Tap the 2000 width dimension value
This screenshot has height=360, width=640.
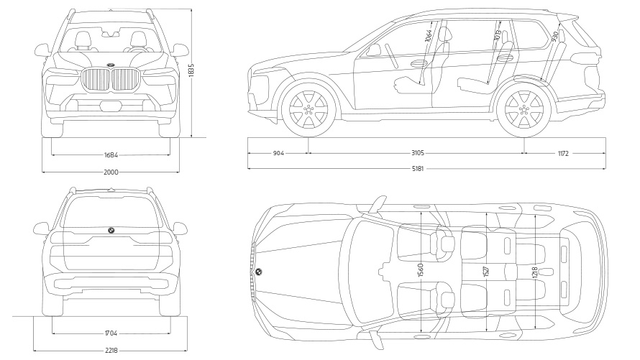click(111, 172)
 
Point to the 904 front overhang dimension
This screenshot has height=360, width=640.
click(278, 153)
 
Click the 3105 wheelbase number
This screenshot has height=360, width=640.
click(416, 153)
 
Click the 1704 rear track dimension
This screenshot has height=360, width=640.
click(111, 333)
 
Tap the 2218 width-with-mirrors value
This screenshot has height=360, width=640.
click(111, 351)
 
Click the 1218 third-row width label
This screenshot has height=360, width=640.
click(534, 274)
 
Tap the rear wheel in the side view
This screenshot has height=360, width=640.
click(524, 109)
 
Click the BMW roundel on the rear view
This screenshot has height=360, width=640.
click(111, 230)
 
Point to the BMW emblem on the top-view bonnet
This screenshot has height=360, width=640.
click(258, 272)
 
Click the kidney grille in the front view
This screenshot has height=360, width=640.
click(111, 80)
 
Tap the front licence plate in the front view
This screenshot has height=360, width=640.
click(111, 106)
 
